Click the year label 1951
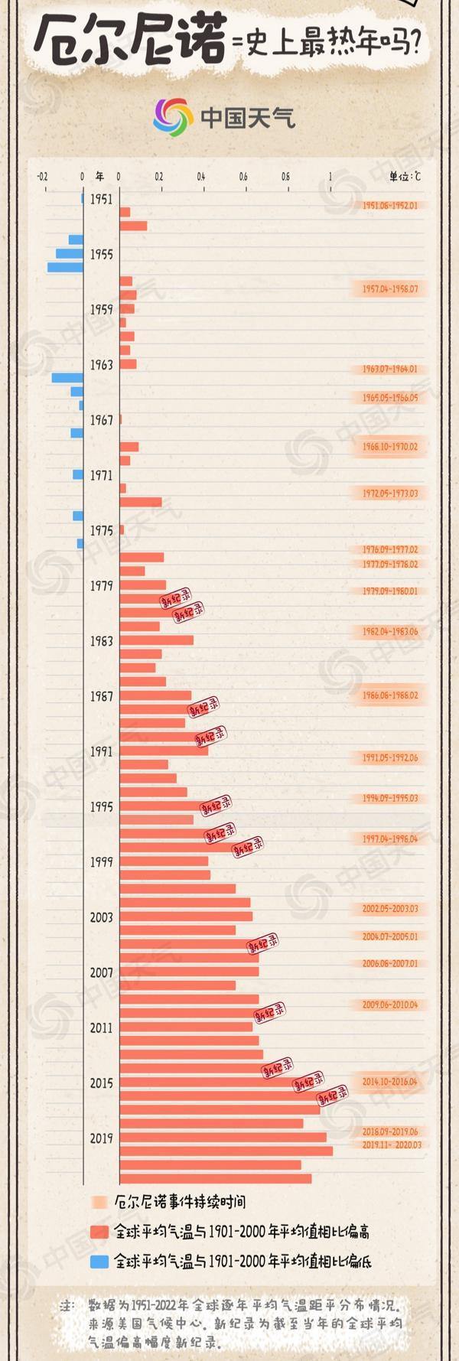pyautogui.click(x=101, y=199)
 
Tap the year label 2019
pyautogui.click(x=101, y=1138)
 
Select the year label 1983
pyautogui.click(x=101, y=641)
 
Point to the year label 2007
pyautogui.click(x=101, y=972)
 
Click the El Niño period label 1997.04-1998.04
pyautogui.click(x=390, y=838)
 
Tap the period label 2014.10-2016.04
pyautogui.click(x=390, y=1082)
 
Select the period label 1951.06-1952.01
pyautogui.click(x=390, y=206)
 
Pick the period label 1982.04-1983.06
pyautogui.click(x=390, y=632)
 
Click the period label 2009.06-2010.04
pyautogui.click(x=390, y=1004)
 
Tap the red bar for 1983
pyautogui.click(x=156, y=640)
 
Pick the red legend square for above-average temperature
pyautogui.click(x=99, y=1232)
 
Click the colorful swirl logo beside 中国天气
pyautogui.click(x=173, y=117)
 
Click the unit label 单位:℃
pyautogui.click(x=404, y=177)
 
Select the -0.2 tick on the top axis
pyautogui.click(x=42, y=177)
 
